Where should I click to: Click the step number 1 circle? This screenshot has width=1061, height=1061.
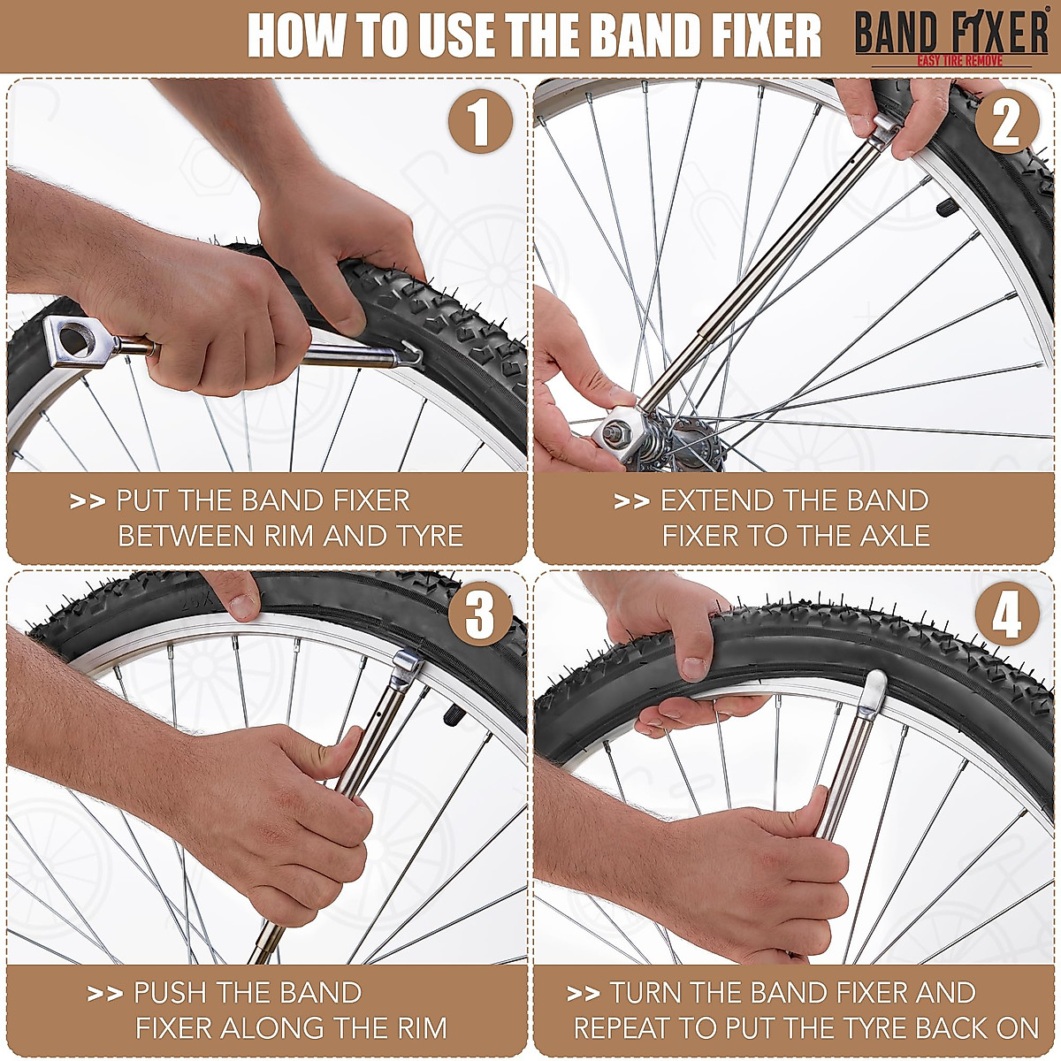pos(478,124)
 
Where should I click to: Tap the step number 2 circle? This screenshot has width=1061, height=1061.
pos(1006,124)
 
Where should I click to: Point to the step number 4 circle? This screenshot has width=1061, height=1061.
pos(1006,615)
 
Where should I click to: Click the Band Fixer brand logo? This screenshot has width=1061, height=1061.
pos(950,38)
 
